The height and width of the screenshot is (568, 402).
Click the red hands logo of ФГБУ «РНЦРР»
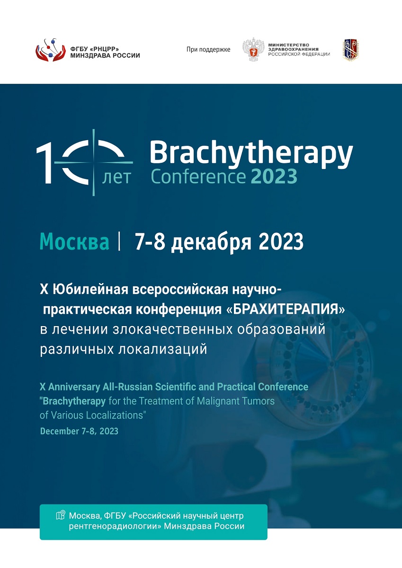[x=51, y=50]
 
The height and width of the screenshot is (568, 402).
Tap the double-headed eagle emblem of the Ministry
[x=253, y=49]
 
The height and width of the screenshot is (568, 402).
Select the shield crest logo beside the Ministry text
[x=351, y=50]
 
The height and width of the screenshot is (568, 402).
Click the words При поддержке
[x=208, y=49]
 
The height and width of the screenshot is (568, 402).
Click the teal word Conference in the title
[x=198, y=177]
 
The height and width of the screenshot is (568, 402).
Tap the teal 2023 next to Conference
[x=274, y=177]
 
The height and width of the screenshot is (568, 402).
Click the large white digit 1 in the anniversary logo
[x=45, y=162]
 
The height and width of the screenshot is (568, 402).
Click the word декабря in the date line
[x=211, y=242]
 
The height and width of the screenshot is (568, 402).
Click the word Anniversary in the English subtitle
[x=74, y=387]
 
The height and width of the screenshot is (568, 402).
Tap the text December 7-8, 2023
[x=79, y=431]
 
